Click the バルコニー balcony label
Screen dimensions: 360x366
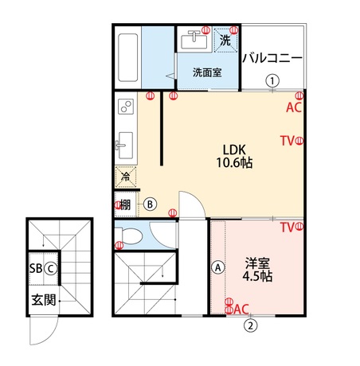(x=272, y=58)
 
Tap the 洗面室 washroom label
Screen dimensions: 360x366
(x=207, y=72)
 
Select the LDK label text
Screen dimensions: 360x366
(x=234, y=150)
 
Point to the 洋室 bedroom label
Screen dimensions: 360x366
(x=257, y=263)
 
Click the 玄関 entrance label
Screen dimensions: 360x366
(x=44, y=300)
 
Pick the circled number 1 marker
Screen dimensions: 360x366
(x=272, y=80)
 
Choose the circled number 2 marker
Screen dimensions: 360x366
(x=251, y=325)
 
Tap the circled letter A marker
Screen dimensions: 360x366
(x=218, y=267)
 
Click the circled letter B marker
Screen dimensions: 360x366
(x=150, y=204)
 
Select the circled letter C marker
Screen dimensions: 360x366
(x=51, y=269)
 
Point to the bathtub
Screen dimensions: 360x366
(x=128, y=57)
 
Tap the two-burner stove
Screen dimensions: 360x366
(x=126, y=107)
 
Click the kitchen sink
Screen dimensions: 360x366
(x=124, y=146)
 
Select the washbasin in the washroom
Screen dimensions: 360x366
(x=194, y=40)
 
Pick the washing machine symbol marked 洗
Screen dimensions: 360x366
(x=225, y=40)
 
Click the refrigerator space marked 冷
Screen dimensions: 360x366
(x=126, y=177)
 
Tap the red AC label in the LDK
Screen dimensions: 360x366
(x=294, y=107)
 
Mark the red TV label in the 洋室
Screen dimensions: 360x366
(x=288, y=228)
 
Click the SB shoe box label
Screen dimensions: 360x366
(x=36, y=269)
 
